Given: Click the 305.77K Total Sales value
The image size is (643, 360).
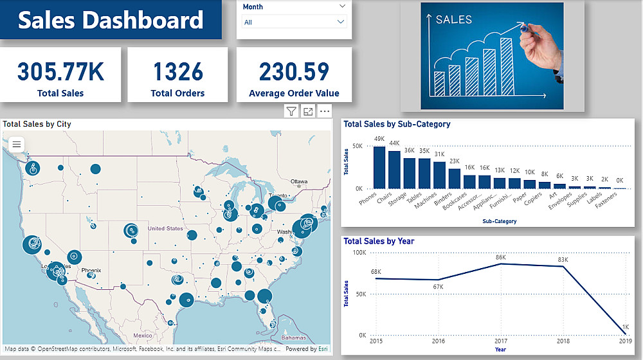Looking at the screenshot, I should click(x=60, y=71).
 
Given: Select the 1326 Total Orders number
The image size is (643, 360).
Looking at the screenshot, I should click(x=177, y=71).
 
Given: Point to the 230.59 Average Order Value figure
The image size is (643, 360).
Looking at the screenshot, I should click(x=294, y=71).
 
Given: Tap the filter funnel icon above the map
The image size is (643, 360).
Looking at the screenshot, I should click(x=291, y=112).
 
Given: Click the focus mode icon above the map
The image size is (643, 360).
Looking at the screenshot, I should click(x=308, y=112).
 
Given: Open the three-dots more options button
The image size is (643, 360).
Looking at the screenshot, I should click(x=324, y=112).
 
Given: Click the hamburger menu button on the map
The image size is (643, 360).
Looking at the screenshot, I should click(x=17, y=145).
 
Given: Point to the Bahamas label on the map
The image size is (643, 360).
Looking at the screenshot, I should click(x=293, y=337).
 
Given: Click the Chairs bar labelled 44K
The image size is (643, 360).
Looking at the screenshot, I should click(x=394, y=170).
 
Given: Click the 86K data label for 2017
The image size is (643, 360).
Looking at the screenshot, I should click(x=501, y=258).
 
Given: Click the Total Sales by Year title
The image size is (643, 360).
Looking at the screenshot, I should click(x=379, y=241).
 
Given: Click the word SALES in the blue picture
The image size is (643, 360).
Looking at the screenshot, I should click(x=453, y=20).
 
